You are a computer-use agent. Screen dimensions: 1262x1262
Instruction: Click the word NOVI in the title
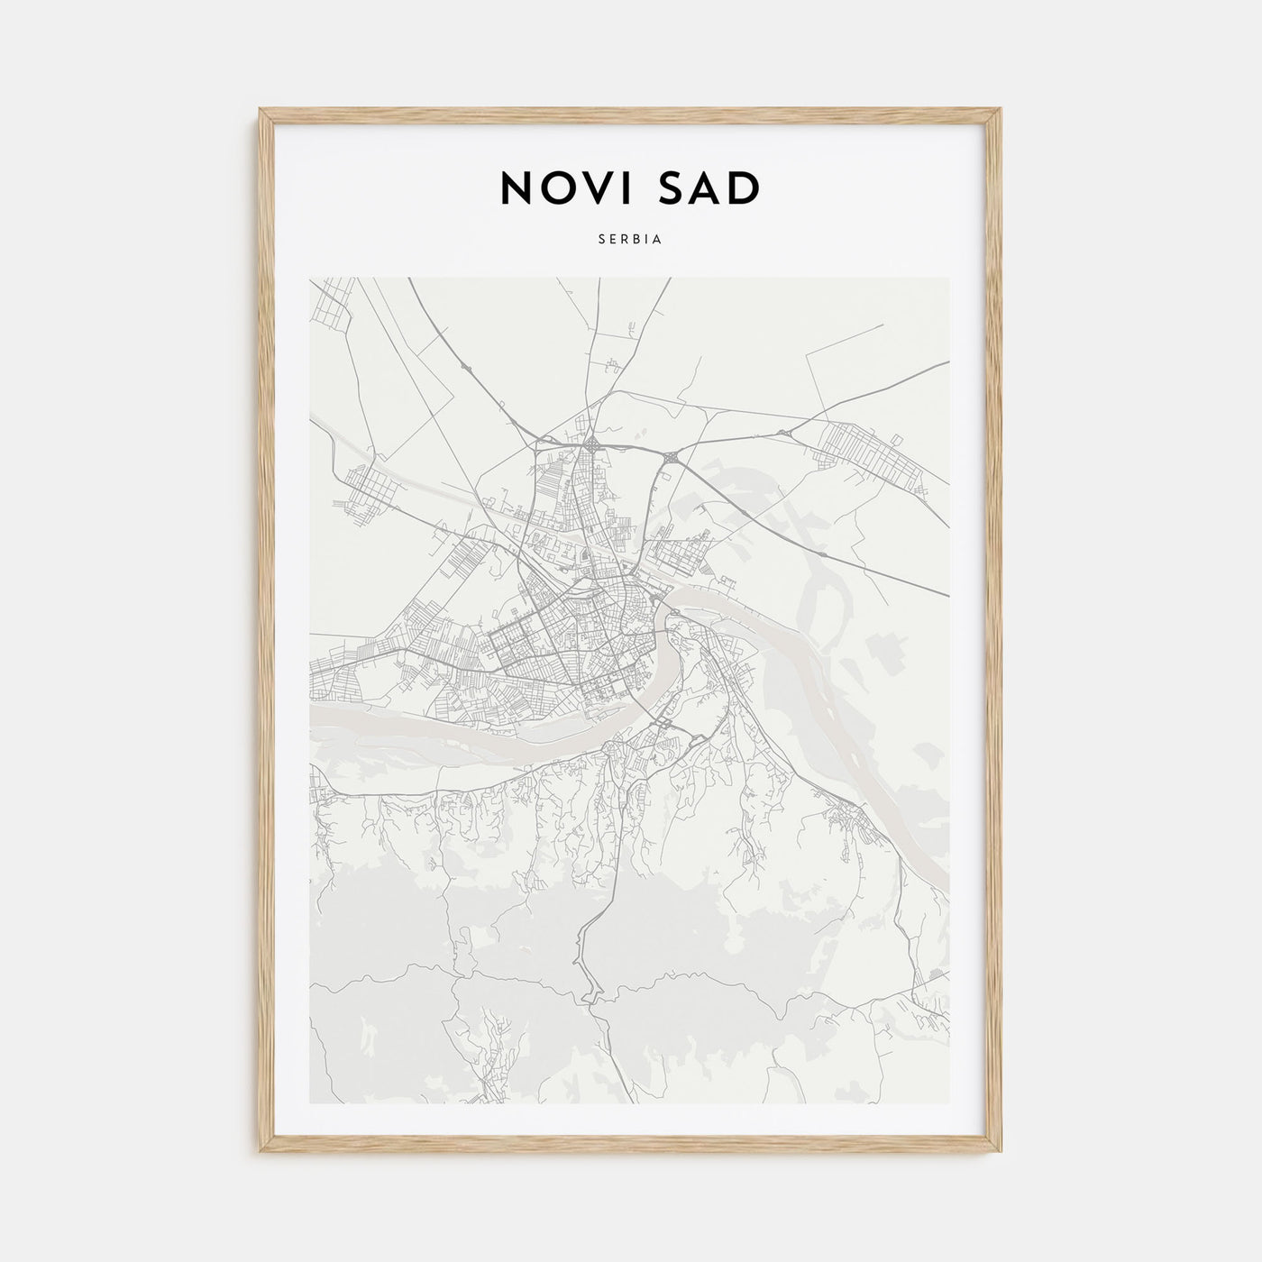coord(569,187)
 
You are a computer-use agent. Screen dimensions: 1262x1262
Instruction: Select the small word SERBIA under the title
coord(630,240)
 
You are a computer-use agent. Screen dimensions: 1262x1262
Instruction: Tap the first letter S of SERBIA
coord(601,240)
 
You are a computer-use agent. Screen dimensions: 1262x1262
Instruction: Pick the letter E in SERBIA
coord(613,240)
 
